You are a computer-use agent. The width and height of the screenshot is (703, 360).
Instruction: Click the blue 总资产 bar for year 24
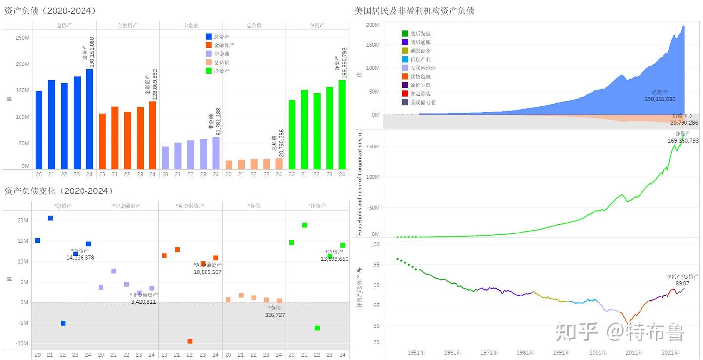coord(89,119)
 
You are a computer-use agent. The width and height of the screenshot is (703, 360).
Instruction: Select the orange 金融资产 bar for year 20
coord(102,142)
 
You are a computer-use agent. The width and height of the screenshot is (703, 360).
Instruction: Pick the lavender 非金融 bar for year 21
coord(178,156)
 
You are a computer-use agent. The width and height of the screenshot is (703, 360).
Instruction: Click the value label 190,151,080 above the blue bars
coord(92,52)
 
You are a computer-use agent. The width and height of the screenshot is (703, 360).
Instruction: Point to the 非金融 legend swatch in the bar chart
coord(209,54)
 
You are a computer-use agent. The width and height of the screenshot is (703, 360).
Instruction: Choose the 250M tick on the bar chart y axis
coord(22,38)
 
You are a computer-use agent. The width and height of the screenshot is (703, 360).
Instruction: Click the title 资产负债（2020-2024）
coord(50,11)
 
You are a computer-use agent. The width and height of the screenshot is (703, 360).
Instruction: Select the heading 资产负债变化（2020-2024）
coord(59,191)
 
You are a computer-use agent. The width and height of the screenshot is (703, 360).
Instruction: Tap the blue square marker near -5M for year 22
coord(63,323)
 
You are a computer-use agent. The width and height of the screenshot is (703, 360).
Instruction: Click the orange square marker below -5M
coord(190,341)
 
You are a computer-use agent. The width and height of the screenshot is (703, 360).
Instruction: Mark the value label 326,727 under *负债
coord(274,315)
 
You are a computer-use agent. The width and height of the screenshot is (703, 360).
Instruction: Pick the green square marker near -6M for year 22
coord(317,328)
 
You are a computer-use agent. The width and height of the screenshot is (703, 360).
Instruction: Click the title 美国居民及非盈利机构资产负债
coord(414,11)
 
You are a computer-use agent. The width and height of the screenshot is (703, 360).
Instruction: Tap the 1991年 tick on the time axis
coord(561,352)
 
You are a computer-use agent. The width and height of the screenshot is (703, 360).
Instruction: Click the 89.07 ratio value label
coord(682,283)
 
